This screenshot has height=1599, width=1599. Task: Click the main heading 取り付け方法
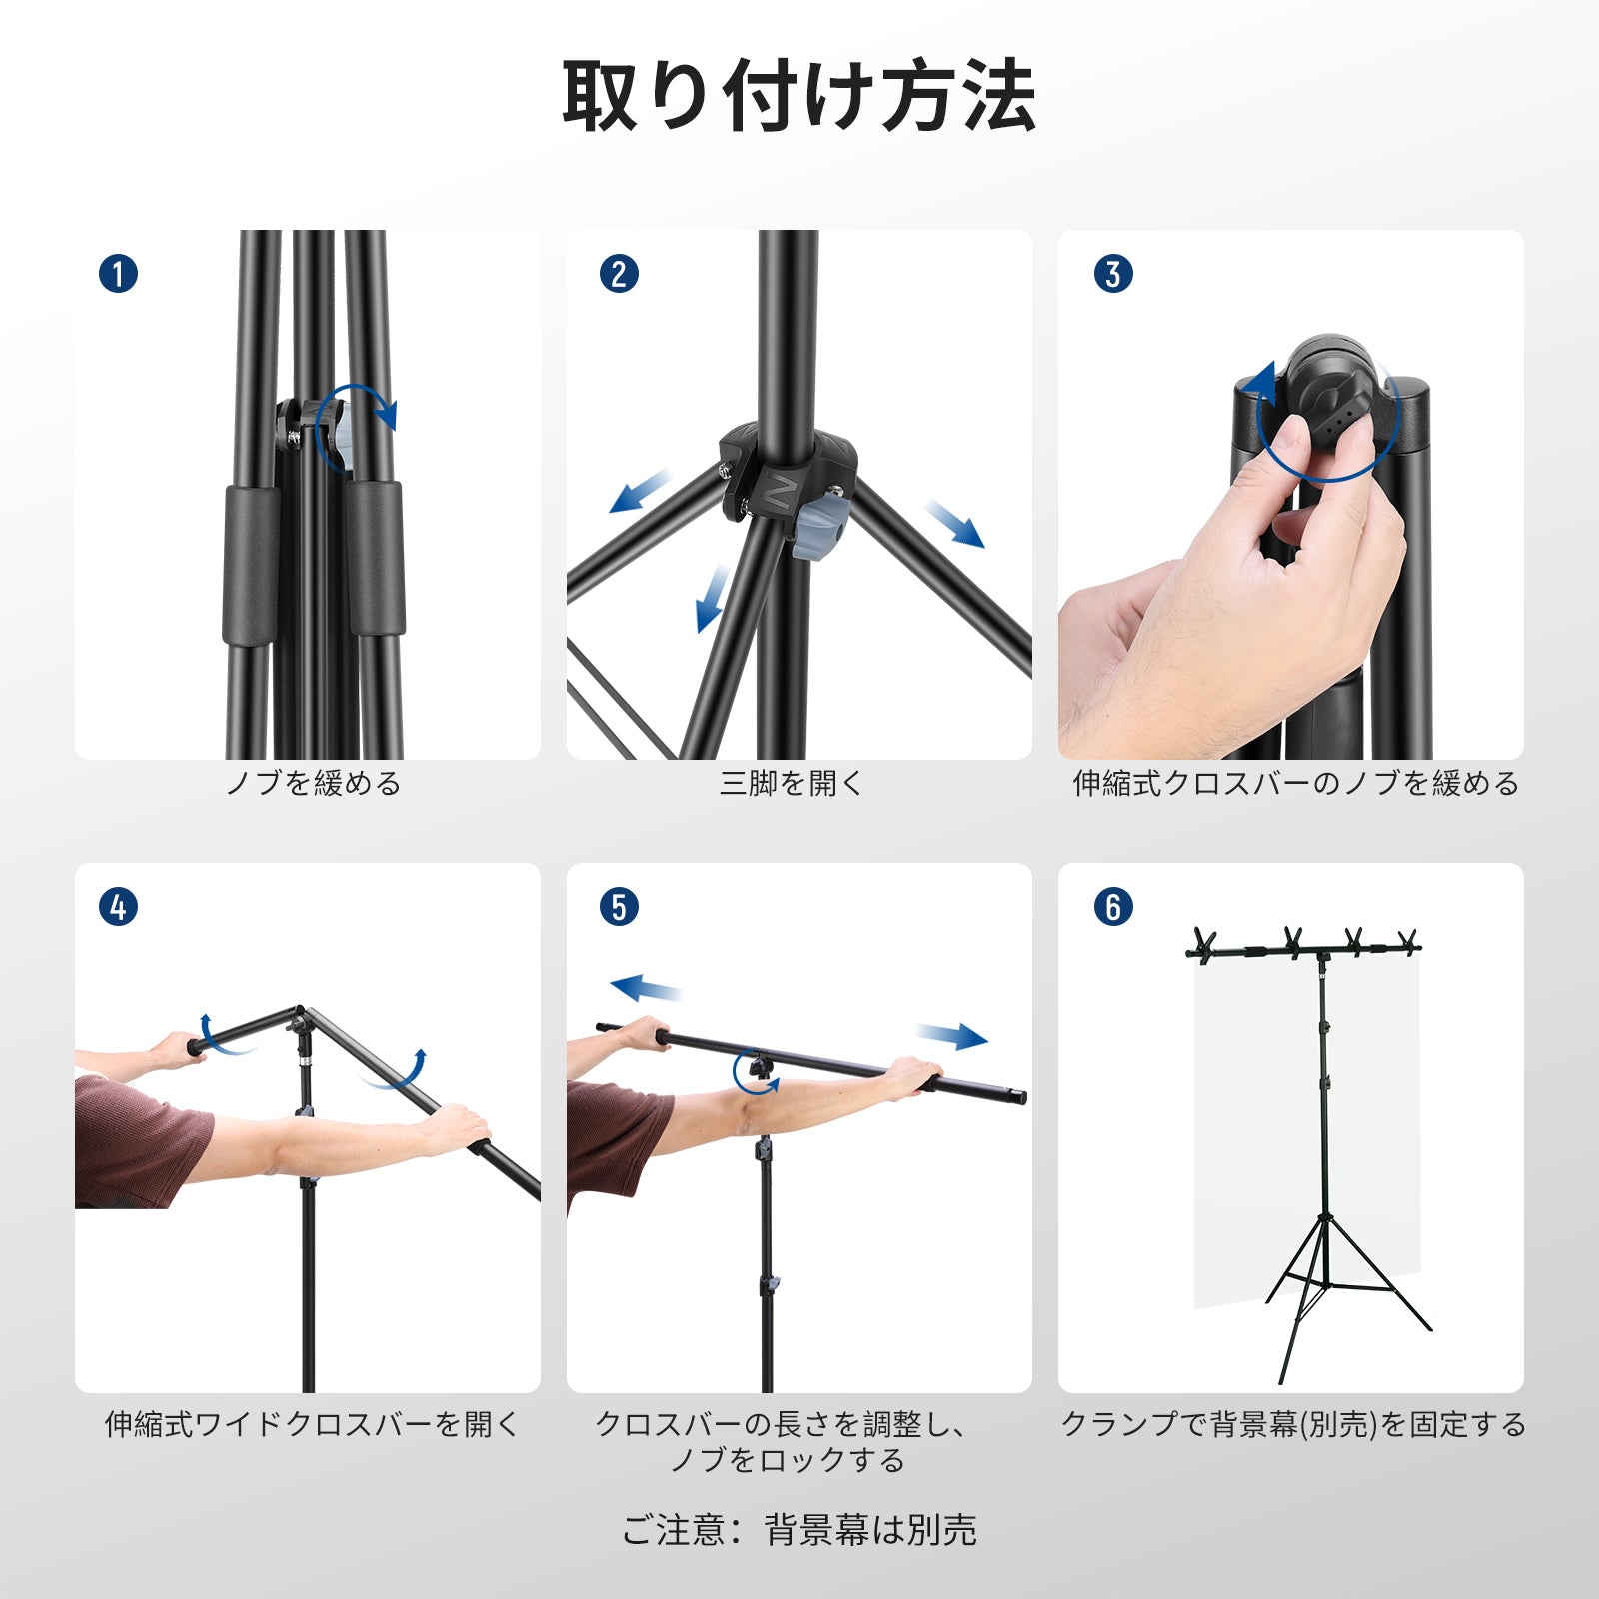pos(799,96)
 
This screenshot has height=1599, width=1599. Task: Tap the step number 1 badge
pos(118,273)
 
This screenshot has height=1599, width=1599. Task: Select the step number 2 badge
pos(619,273)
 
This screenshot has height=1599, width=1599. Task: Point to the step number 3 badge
pos(1113,273)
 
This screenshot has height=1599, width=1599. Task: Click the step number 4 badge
pos(118,907)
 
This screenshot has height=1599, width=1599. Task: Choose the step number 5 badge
pos(619,907)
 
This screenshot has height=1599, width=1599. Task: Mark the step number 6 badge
pos(1113,907)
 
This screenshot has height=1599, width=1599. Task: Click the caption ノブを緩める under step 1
pos(313,783)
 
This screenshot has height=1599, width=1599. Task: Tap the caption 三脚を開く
pos(791,783)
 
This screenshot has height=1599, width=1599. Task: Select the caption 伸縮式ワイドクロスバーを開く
pos(312,1424)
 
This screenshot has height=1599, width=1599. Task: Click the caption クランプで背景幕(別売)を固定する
pos(1293,1424)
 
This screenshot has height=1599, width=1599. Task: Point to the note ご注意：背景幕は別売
pos(799,1530)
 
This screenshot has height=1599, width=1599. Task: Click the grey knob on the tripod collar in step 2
pos(817,526)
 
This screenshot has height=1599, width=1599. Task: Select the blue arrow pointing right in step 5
pos(952,1036)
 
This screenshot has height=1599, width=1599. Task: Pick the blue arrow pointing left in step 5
pos(647,988)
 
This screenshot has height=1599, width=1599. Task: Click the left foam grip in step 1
pos(250,565)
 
